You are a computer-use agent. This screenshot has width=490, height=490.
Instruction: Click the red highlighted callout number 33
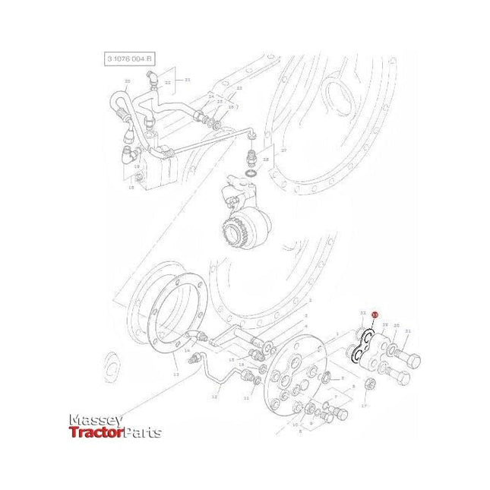tap(374, 314)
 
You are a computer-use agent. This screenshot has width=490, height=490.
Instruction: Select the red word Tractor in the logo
tap(94, 433)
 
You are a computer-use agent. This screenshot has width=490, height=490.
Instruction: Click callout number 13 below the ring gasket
tap(175, 375)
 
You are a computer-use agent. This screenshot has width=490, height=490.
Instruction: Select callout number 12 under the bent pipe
tap(214, 397)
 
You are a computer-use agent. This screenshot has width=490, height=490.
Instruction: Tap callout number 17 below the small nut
tap(364, 406)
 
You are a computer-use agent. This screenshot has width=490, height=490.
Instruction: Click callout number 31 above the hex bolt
tap(407, 331)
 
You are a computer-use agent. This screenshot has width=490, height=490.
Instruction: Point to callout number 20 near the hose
tap(127, 81)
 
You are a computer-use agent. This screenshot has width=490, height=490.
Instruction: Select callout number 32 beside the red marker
tap(363, 313)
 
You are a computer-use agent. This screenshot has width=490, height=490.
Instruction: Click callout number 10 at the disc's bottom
tap(295, 425)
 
